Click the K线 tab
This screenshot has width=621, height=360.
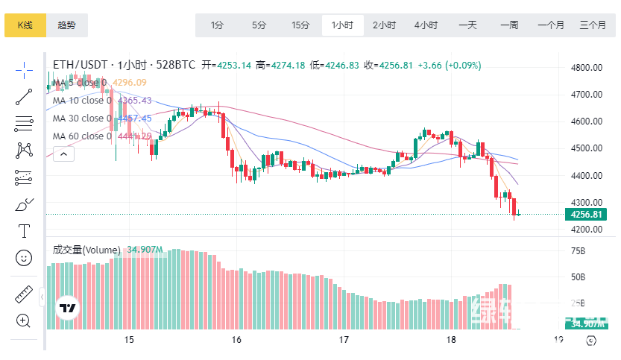point(25,25)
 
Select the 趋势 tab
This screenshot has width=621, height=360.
point(66,25)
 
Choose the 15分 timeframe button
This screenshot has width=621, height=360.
point(300,25)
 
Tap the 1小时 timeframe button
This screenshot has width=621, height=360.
point(342,25)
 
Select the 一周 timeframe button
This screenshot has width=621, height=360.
point(509,25)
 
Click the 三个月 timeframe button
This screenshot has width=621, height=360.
point(593,25)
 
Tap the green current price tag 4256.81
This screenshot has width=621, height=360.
point(585,215)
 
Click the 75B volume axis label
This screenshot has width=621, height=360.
point(578,252)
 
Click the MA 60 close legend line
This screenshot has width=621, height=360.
point(82,136)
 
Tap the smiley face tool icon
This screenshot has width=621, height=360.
point(24,258)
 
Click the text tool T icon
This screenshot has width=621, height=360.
point(24,231)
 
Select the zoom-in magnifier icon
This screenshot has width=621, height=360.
point(24,321)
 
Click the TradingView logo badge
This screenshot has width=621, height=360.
point(68,308)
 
